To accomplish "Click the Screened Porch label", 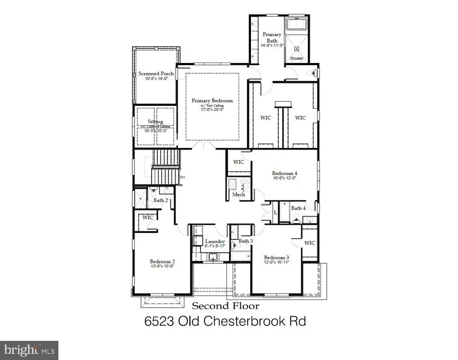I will click(156, 74).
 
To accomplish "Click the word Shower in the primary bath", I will click(297, 58).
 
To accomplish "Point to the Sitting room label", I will click(155, 122).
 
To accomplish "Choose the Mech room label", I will click(239, 195).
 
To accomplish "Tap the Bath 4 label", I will click(299, 208).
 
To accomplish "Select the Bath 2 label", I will click(161, 200).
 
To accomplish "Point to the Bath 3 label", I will click(246, 241).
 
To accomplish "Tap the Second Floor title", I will click(225, 306).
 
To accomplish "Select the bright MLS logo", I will click(30, 349).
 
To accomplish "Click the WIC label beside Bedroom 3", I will click(309, 243).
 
